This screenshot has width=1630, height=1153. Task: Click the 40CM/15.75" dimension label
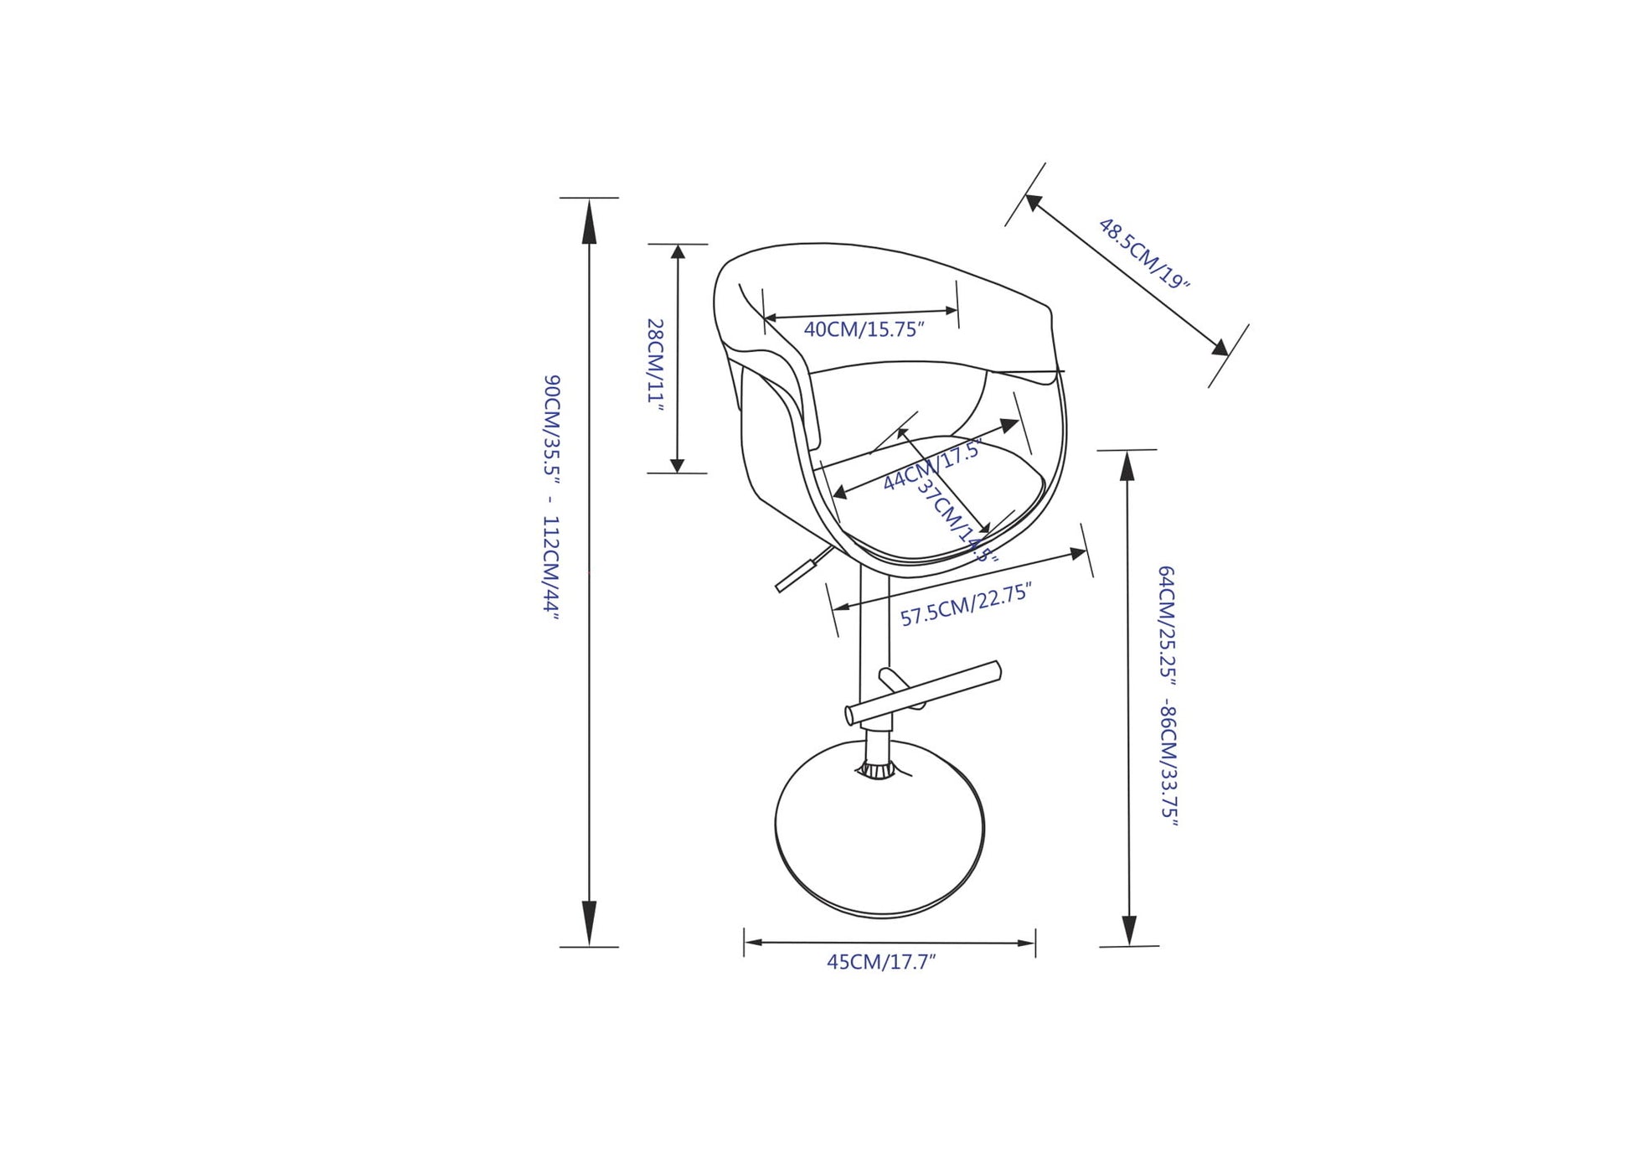click(x=864, y=329)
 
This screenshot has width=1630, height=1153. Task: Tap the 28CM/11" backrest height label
click(x=656, y=365)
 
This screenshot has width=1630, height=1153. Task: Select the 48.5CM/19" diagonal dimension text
click(x=1143, y=253)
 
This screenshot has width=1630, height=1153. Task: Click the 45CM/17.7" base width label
click(x=881, y=962)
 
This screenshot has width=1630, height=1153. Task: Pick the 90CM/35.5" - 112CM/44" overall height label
click(x=550, y=497)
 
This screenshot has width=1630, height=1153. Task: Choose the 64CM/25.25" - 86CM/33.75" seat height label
click(x=1168, y=696)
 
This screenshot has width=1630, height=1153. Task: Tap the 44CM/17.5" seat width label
click(x=931, y=466)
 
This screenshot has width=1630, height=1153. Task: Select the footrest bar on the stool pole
click(x=923, y=692)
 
